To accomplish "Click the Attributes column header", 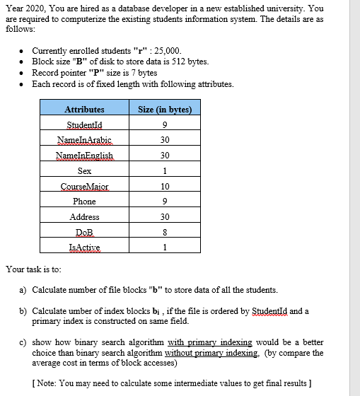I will (x=84, y=110).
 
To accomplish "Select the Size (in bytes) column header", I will (x=165, y=110).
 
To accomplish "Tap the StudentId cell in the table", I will (x=84, y=125).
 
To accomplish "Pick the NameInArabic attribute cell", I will (x=84, y=140).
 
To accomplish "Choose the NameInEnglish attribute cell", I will (x=84, y=156).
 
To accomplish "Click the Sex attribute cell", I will (x=84, y=171).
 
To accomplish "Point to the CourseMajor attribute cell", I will (x=84, y=186).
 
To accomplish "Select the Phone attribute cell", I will (x=84, y=202).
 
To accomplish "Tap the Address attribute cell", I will (x=84, y=217).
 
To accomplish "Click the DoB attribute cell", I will (x=84, y=232).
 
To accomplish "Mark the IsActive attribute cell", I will (x=84, y=247).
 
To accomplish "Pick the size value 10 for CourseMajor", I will (x=165, y=186).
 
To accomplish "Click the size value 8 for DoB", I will (x=165, y=232).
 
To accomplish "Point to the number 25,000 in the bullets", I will (x=167, y=51).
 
